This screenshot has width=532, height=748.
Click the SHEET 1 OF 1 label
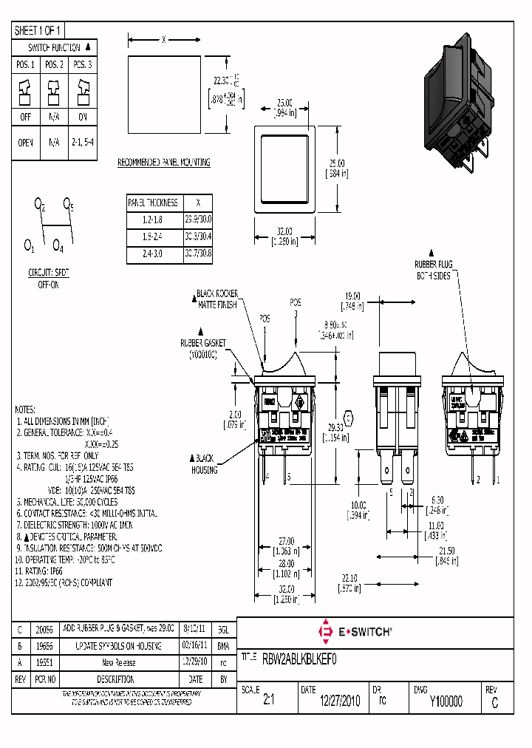(38, 30)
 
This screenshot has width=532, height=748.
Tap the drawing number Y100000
(446, 702)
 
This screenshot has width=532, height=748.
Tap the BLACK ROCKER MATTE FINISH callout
(216, 299)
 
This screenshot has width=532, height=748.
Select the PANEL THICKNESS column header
(153, 203)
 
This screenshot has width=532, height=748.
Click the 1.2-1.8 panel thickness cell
(153, 220)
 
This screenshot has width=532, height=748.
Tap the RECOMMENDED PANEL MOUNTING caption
(164, 163)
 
